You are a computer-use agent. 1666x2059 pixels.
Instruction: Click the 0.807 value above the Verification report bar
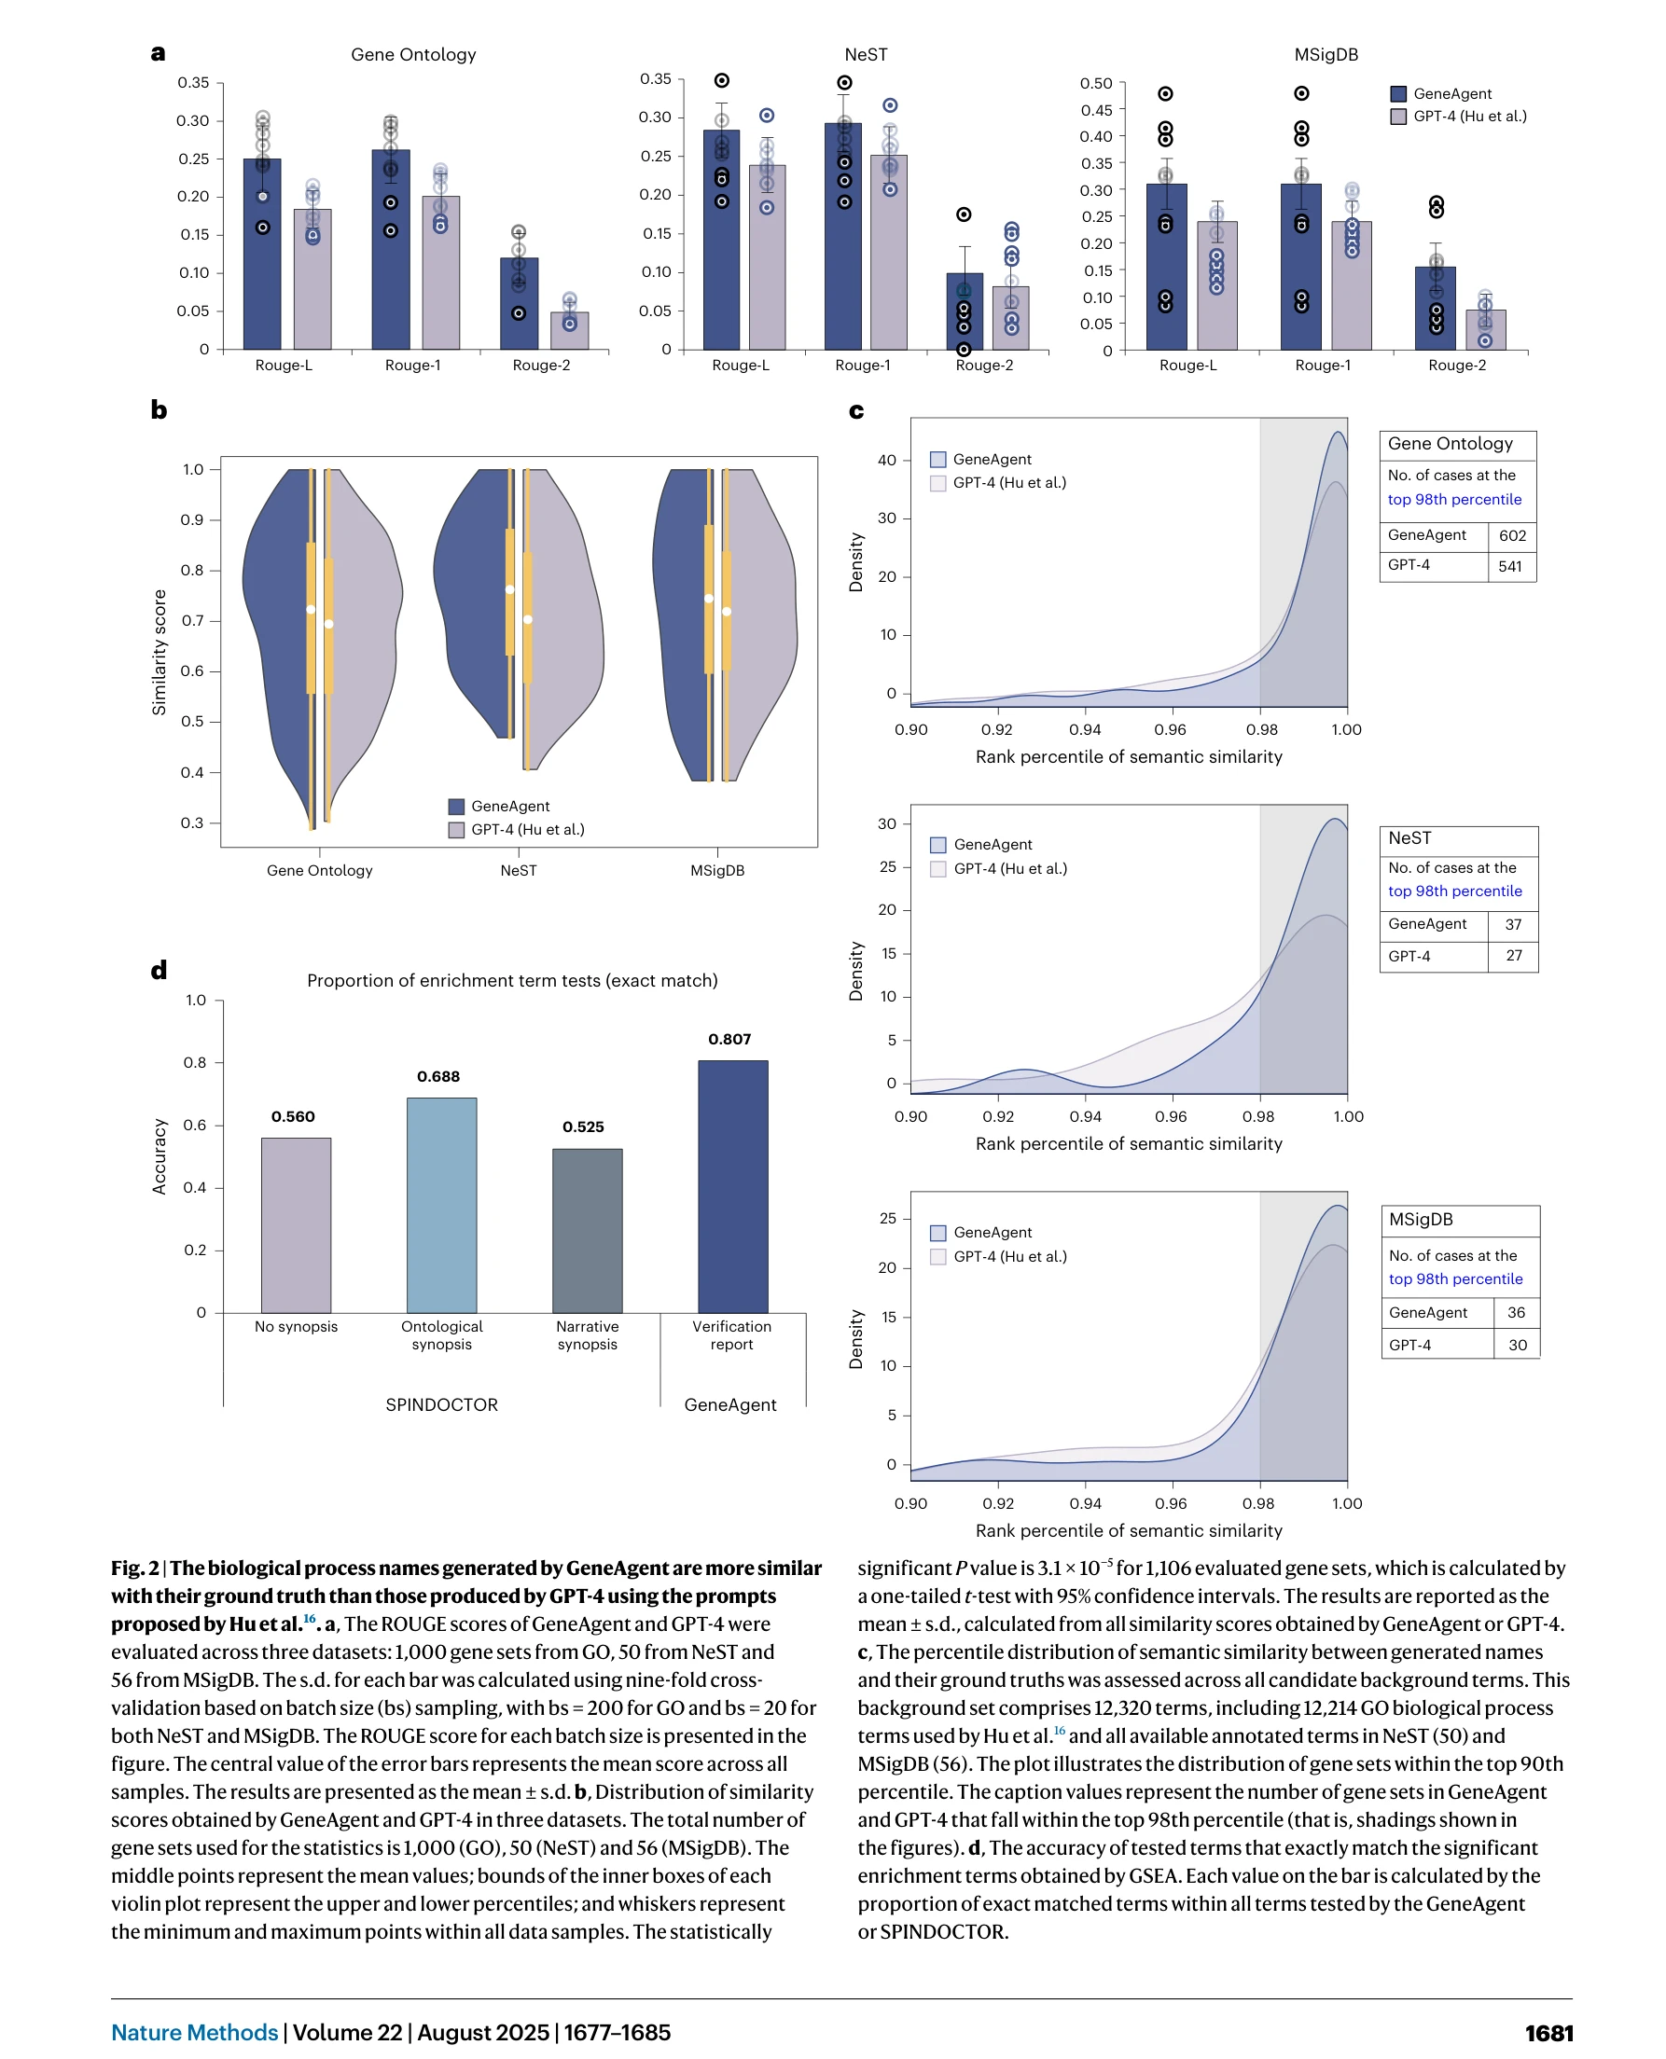[729, 1039]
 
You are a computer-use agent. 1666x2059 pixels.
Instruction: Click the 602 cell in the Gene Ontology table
[1512, 535]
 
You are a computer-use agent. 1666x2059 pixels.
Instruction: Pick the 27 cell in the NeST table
[1513, 956]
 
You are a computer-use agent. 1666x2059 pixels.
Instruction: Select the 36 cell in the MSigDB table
[1517, 1313]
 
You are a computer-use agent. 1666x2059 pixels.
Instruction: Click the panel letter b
[160, 410]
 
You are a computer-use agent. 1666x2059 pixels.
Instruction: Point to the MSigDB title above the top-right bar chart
[1326, 55]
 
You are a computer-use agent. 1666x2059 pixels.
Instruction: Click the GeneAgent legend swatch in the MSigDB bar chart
[1398, 94]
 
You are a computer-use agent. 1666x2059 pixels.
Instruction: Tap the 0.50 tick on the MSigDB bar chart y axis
[1096, 84]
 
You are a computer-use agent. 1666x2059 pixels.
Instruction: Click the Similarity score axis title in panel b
[160, 653]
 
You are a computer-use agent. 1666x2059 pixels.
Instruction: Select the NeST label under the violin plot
[519, 870]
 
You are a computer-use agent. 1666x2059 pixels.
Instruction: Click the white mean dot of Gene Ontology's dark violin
[311, 609]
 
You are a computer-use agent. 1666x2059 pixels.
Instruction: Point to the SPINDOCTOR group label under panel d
[441, 1404]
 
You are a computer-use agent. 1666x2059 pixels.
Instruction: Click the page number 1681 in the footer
[1548, 2033]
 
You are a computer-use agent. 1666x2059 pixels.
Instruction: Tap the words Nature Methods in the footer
[195, 2033]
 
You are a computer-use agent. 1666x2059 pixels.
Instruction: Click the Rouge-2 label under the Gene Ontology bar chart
[541, 366]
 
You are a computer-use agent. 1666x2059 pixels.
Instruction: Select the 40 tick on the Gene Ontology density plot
[887, 461]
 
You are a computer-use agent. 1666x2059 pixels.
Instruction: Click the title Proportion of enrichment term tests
[511, 981]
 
